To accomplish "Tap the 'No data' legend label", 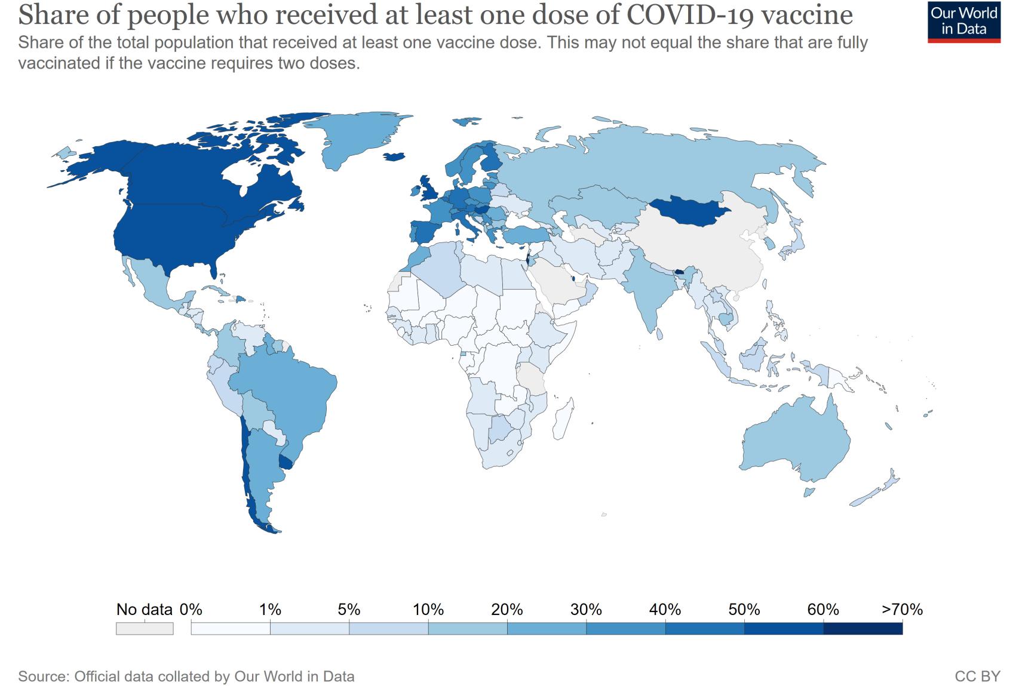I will click(x=144, y=610).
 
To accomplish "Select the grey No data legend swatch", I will click(x=145, y=629).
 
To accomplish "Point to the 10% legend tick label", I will click(x=428, y=610).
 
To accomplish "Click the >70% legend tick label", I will click(x=902, y=610).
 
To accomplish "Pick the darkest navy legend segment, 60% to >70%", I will click(x=863, y=629).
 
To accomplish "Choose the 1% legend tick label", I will click(x=270, y=610).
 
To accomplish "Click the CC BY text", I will click(x=977, y=676).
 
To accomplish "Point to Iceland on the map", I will click(x=394, y=156).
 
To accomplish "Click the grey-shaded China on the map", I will click(x=705, y=251).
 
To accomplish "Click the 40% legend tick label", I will click(x=665, y=610).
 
